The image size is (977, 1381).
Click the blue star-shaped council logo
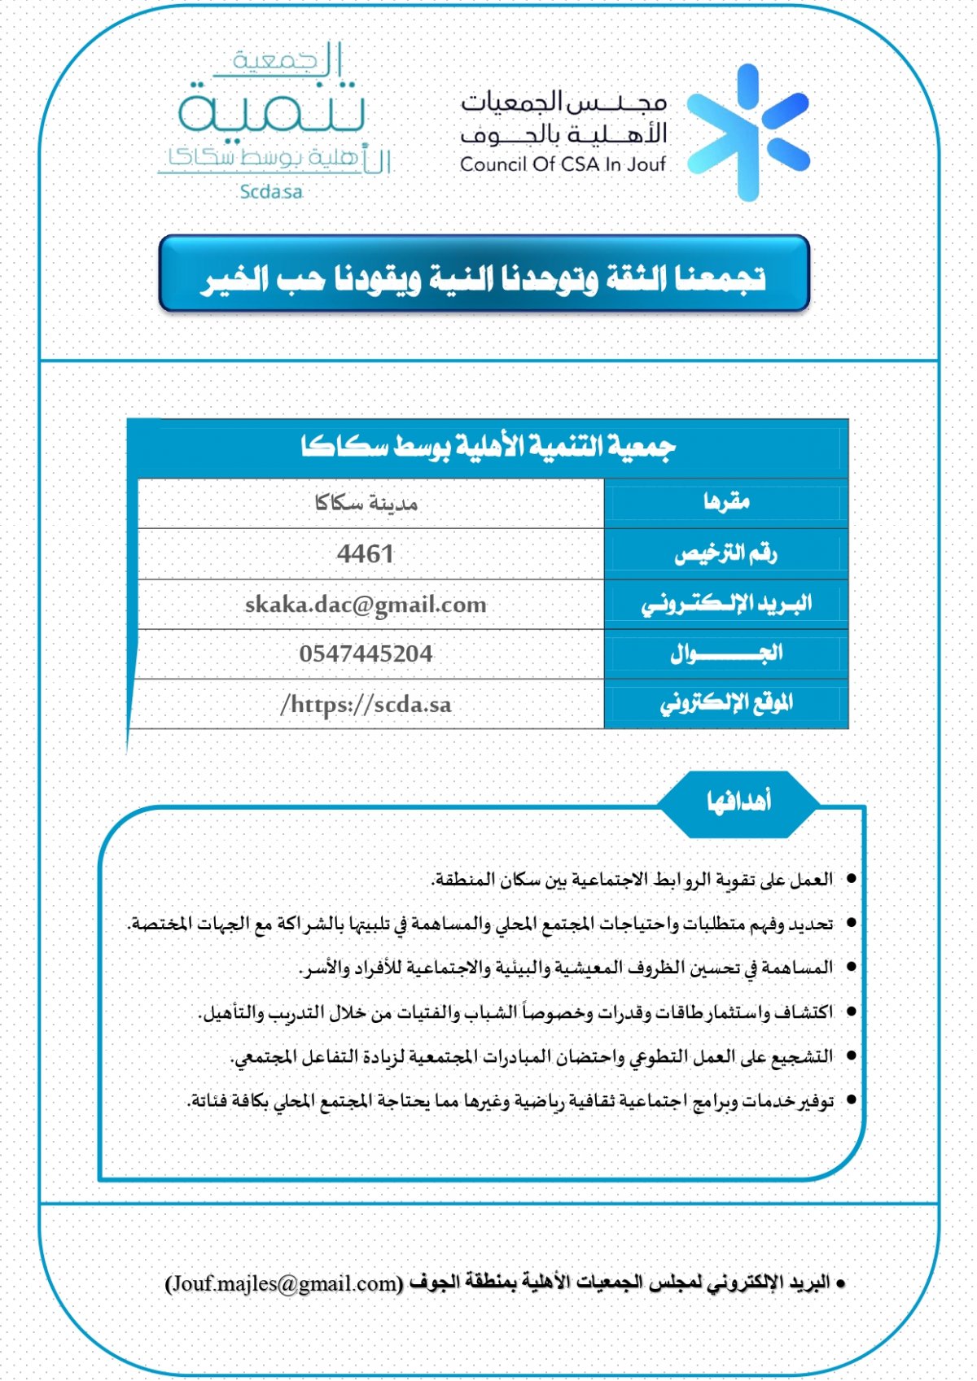[x=747, y=133]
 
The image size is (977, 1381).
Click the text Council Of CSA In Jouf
[x=563, y=164]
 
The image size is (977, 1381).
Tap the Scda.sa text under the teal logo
[x=271, y=192]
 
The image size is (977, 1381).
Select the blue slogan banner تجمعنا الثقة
[x=484, y=275]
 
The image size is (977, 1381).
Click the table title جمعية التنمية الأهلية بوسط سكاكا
[x=488, y=447]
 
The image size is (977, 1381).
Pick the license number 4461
[x=366, y=554]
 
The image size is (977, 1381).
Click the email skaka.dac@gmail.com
[x=366, y=605]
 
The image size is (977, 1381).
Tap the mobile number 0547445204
[x=366, y=654]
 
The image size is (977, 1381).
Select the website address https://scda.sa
[x=366, y=705]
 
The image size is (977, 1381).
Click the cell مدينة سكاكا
[x=366, y=504]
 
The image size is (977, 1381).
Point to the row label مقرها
[x=726, y=502]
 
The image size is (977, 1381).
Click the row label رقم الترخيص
[x=726, y=553]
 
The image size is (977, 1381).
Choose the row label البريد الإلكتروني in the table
[x=726, y=604]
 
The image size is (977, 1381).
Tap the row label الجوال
[x=726, y=653]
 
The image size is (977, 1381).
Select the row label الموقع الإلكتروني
[x=726, y=703]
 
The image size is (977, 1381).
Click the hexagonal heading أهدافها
[x=738, y=802]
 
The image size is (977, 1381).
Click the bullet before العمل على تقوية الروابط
[x=852, y=879]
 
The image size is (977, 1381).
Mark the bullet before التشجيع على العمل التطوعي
[x=852, y=1056]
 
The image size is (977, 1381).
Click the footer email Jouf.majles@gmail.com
[x=284, y=1283]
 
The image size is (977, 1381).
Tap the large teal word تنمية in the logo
[x=271, y=111]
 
